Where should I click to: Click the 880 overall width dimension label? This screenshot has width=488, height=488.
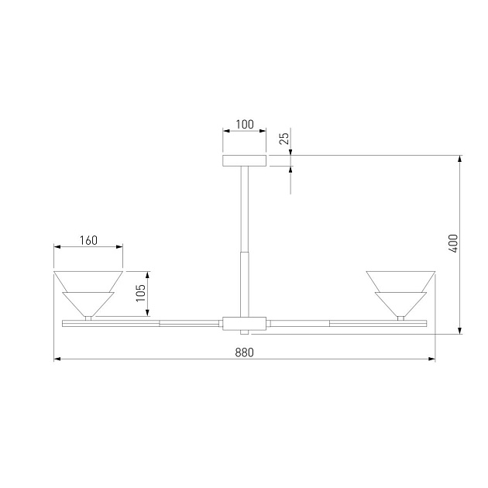point(244,352)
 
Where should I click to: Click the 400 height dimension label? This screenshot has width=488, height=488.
point(453,244)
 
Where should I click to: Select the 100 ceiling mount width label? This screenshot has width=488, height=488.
point(245,125)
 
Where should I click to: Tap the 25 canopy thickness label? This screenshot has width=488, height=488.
point(284,139)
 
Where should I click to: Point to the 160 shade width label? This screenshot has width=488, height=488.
point(88,240)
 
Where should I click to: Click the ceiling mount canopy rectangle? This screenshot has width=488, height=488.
point(244,161)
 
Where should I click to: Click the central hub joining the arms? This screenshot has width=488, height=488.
point(244,323)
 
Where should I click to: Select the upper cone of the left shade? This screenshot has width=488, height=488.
point(88,280)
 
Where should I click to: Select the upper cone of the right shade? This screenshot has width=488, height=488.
point(400,280)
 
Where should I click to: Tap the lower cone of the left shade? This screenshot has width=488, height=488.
point(88,303)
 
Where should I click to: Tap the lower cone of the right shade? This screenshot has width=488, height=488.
point(400,303)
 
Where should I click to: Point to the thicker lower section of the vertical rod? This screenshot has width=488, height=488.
point(244,283)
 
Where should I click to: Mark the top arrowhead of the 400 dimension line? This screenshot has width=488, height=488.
point(461,160)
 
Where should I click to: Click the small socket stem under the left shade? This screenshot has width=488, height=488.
point(88,317)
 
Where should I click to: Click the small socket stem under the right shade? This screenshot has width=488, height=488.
point(400,317)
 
